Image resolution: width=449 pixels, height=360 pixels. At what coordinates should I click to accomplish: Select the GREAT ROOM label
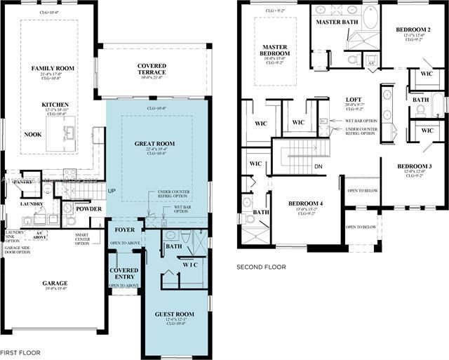point(155,143)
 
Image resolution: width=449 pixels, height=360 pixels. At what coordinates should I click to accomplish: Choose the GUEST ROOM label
point(174,314)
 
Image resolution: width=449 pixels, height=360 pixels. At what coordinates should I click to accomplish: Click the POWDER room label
point(89,208)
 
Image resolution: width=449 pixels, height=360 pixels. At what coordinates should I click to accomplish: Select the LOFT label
point(353,100)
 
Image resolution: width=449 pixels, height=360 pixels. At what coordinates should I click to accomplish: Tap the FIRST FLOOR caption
point(20,352)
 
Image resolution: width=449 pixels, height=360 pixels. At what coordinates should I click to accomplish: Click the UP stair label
point(111,190)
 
